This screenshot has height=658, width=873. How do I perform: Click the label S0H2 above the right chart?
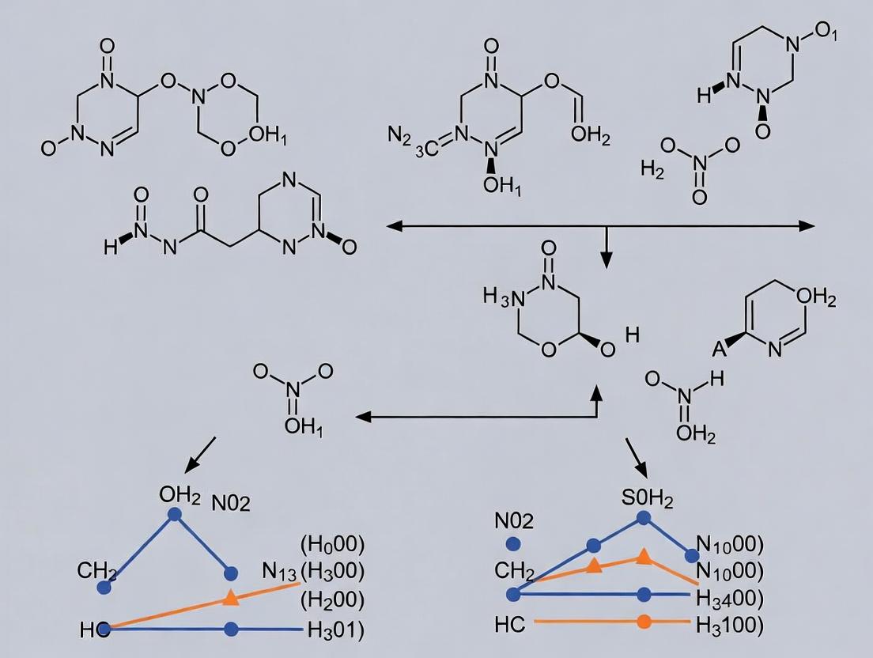click(647, 499)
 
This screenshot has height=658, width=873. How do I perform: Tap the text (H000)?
click(332, 544)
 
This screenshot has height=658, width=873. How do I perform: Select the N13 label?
click(278, 571)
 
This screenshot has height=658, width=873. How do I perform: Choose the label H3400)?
click(730, 597)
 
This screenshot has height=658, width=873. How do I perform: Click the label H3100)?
click(730, 625)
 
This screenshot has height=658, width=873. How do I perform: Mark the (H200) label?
click(332, 599)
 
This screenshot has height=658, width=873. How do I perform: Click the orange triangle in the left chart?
click(231, 597)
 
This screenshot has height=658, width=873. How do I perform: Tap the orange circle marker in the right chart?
click(644, 622)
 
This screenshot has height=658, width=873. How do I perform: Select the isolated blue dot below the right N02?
click(512, 543)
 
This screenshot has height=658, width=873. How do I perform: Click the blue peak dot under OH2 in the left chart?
click(175, 514)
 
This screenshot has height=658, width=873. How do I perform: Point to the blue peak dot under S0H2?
click(644, 518)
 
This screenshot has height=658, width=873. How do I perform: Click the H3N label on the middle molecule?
click(504, 299)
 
